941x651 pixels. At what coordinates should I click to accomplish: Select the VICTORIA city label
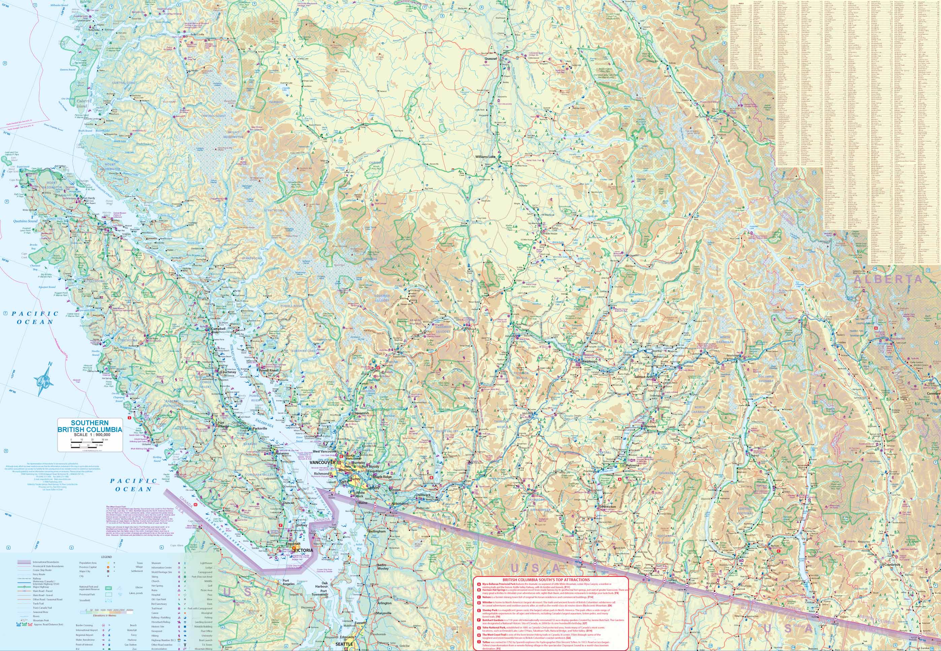click(x=303, y=550)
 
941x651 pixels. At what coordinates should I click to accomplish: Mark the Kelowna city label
click(x=633, y=465)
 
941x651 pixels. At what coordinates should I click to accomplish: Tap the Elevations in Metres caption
click(x=101, y=614)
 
